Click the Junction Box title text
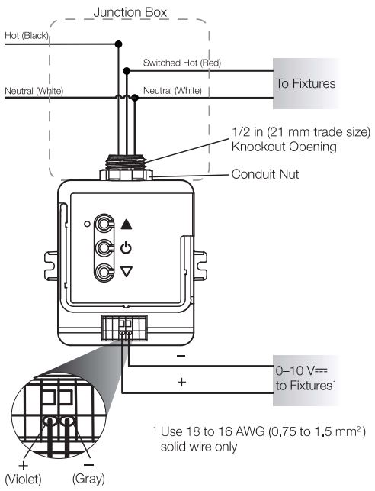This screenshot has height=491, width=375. (130, 12)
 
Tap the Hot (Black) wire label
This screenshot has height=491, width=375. (27, 36)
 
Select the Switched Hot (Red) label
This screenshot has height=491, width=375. (182, 63)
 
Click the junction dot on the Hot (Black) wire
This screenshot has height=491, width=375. (118, 44)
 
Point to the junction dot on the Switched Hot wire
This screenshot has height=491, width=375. (127, 71)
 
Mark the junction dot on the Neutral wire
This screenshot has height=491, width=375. (135, 98)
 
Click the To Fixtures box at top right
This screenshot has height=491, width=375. (306, 83)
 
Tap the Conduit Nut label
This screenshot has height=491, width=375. (265, 174)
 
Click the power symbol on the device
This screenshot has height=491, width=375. (126, 247)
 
